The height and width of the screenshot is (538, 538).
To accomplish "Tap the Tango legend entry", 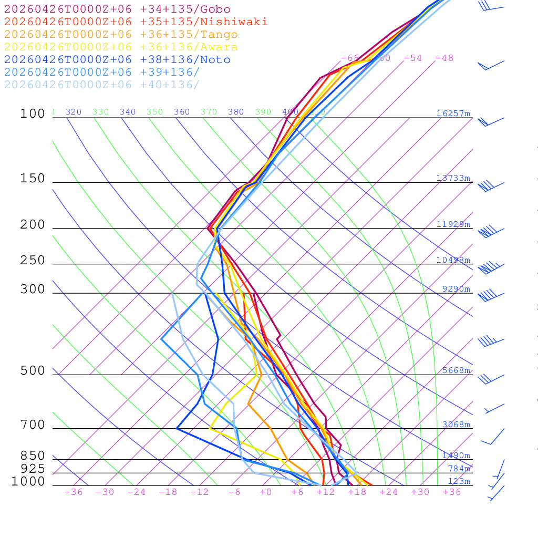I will pyautogui.click(x=121, y=35).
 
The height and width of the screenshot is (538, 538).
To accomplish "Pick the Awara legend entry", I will pyautogui.click(x=121, y=47).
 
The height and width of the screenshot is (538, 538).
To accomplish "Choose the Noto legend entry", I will pyautogui.click(x=117, y=60).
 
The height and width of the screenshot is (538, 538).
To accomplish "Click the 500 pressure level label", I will pyautogui.click(x=33, y=371).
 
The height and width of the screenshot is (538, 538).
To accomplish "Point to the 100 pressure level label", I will pyautogui.click(x=33, y=113).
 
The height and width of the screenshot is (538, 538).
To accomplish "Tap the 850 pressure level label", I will pyautogui.click(x=33, y=456).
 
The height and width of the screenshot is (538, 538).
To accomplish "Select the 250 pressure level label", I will pyautogui.click(x=33, y=261).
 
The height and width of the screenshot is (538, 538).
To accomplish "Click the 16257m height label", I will pyautogui.click(x=453, y=113).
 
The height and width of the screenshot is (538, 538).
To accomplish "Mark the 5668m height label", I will pyautogui.click(x=456, y=370).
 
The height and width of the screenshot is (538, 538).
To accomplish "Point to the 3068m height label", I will pyautogui.click(x=456, y=425).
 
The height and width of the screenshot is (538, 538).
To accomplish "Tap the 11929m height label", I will pyautogui.click(x=453, y=224).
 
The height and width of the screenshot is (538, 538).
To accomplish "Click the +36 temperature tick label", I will pyautogui.click(x=451, y=492).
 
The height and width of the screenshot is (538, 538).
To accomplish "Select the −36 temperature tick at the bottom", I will pyautogui.click(x=73, y=492).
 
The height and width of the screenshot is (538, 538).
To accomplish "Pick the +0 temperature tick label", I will pyautogui.click(x=265, y=492).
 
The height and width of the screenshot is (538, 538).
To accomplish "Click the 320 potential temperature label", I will pyautogui.click(x=73, y=112).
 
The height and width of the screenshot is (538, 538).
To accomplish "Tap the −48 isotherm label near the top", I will pyautogui.click(x=444, y=58).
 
